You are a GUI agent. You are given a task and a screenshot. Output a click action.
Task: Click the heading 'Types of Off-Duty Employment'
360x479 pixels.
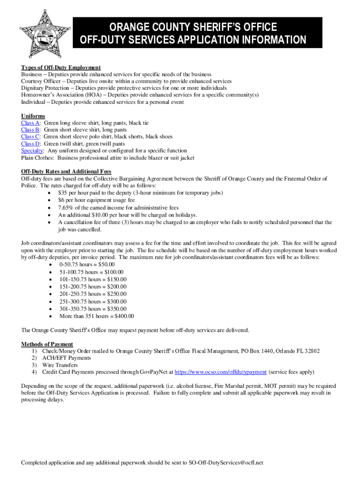coord(61,68)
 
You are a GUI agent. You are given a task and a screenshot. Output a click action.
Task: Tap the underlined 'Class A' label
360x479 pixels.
coord(30,123)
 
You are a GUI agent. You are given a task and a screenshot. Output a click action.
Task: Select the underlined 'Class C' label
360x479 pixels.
coord(30,137)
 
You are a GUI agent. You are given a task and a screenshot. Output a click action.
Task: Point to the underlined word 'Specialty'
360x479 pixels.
coord(32,151)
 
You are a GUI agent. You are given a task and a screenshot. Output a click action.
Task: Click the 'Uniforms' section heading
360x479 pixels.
coord(33,116)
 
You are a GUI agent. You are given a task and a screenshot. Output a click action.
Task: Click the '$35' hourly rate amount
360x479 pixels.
coord(63,193)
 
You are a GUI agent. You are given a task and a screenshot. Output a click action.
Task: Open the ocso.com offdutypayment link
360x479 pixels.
coord(221,372)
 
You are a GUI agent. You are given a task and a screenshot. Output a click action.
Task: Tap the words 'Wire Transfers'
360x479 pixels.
coord(60,365)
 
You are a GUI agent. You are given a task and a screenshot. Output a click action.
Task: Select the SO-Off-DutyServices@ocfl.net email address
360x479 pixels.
coord(226,463)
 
